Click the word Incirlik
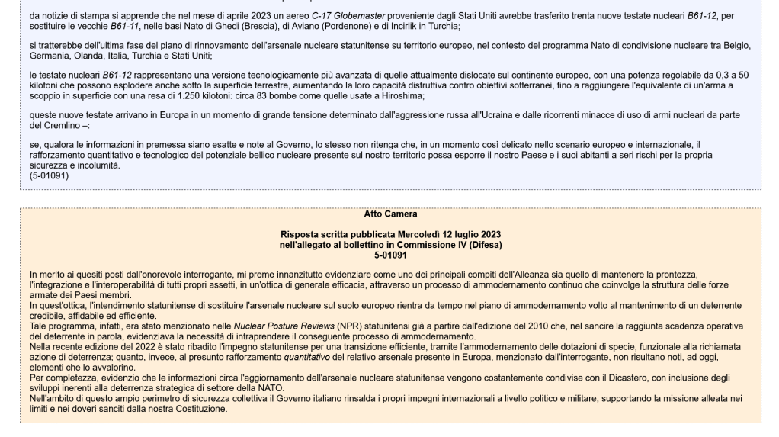(386, 26)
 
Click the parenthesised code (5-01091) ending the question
(50, 174)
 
